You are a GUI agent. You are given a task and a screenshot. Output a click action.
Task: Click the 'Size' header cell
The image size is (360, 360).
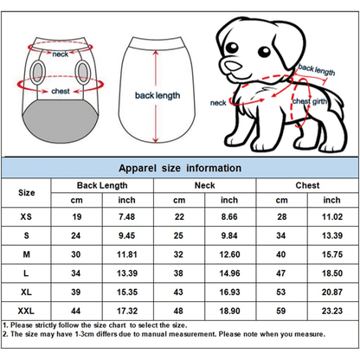coord(28,193)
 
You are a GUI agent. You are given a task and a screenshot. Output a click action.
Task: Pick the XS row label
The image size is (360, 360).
coord(28,215)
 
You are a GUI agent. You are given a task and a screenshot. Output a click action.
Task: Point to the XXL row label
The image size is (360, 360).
coord(28,308)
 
